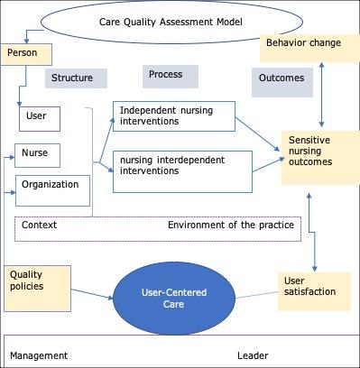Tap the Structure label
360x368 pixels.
(72, 78)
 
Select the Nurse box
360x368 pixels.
(37, 155)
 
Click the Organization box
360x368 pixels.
(53, 185)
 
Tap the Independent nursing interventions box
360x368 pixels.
(173, 115)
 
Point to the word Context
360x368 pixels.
(40, 225)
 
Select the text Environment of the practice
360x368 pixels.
(231, 225)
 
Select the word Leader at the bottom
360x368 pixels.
(253, 355)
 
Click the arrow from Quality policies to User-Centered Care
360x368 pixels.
(90, 292)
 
